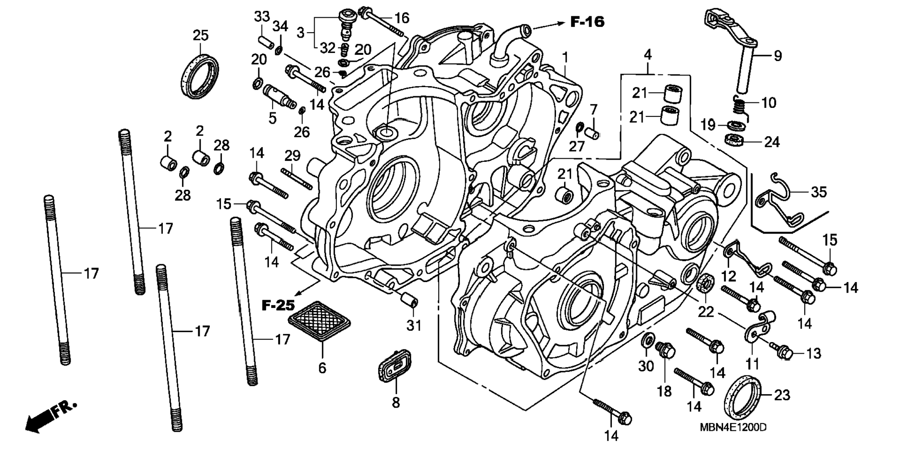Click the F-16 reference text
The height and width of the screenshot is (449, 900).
(587, 22)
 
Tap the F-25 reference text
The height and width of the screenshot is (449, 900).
(278, 306)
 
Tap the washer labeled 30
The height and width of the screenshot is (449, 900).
(647, 341)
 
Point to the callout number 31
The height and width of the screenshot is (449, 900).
(414, 325)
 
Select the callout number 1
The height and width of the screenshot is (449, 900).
(565, 58)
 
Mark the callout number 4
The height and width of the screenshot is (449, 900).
(647, 54)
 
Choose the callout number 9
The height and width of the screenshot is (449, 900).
(778, 56)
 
